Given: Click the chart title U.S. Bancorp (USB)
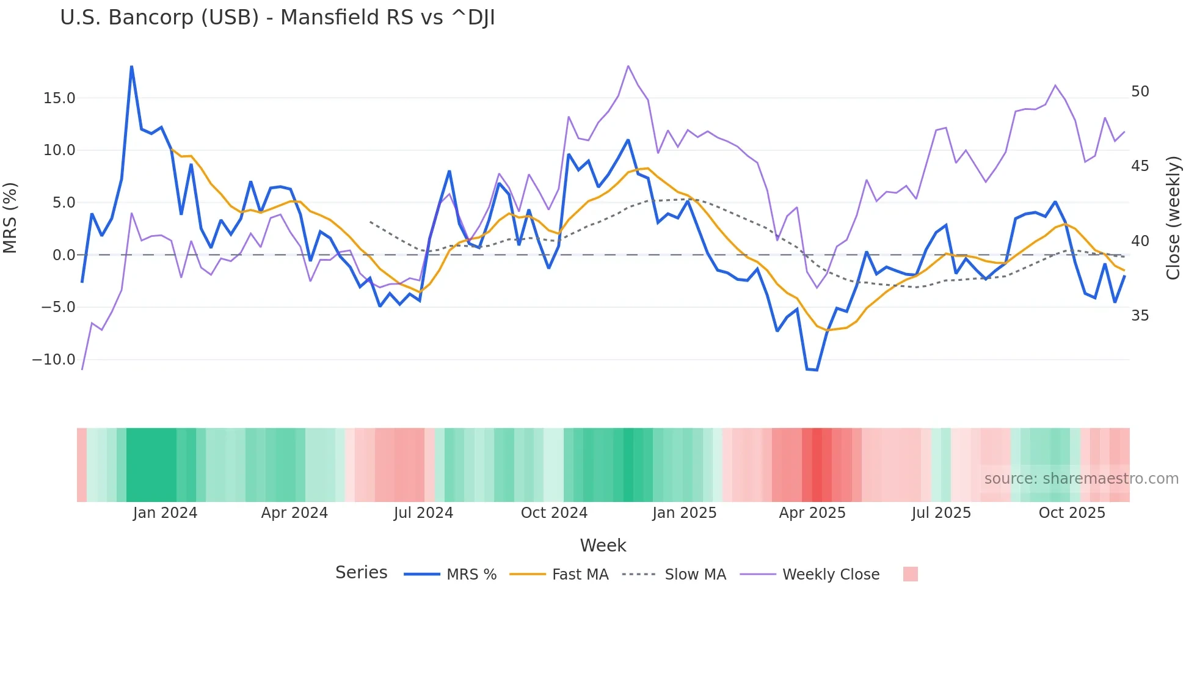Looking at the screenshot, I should [x=277, y=18].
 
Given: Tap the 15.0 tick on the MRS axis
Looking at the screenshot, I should [x=59, y=98].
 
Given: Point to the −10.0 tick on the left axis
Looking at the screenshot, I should [x=54, y=360].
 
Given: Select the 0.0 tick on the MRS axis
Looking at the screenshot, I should [x=64, y=255].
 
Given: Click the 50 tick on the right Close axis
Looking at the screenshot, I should [x=1140, y=92].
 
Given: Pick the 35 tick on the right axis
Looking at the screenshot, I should [x=1140, y=316].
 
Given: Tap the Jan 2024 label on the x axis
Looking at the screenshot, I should [x=165, y=513].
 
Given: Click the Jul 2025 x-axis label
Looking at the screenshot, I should [x=941, y=513].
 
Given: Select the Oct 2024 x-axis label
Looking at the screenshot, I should [x=554, y=513].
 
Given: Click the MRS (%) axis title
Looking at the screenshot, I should [x=10, y=218].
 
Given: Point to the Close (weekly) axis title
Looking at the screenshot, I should [x=1173, y=218].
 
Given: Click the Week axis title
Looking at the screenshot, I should [x=603, y=545].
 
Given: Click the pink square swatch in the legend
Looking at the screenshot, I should [x=910, y=574].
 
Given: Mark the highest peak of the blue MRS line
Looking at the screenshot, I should [x=132, y=67].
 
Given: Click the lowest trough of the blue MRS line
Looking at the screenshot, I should [x=817, y=370].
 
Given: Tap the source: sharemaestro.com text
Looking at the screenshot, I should [x=1081, y=479].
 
